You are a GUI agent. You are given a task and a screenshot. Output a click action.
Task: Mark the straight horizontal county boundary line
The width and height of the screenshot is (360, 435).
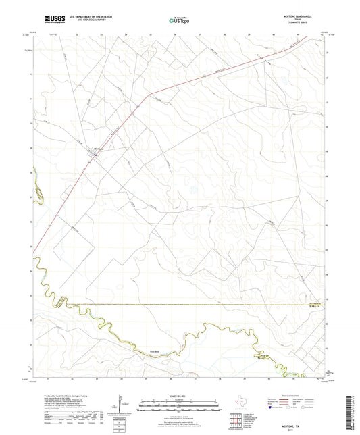point(203,304)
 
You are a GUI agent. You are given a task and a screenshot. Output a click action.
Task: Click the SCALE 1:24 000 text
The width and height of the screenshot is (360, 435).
point(180,395)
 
